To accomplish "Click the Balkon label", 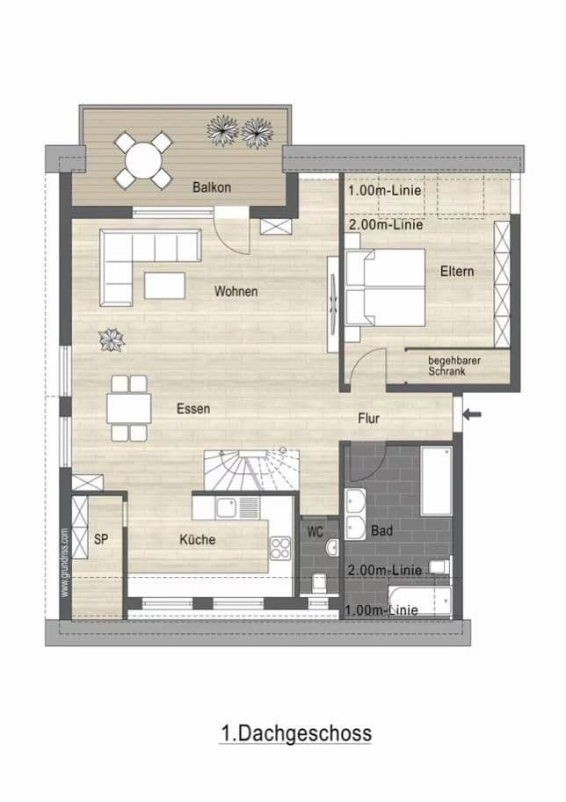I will [212, 186].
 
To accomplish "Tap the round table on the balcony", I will [143, 159].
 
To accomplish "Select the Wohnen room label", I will [236, 291].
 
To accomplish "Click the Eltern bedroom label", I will [457, 271].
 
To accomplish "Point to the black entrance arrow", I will [472, 414].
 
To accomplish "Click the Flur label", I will [369, 419].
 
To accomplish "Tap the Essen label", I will [193, 409].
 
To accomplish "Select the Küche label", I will [197, 539].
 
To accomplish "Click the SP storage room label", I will [101, 539].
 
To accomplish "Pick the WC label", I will [316, 532].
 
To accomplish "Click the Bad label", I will [382, 532].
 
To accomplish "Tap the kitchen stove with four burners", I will [280, 549].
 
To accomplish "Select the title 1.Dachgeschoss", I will [295, 733].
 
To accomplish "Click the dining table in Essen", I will [128, 408].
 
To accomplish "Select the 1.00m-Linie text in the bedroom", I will [385, 190].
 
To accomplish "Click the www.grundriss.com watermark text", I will [65, 563].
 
